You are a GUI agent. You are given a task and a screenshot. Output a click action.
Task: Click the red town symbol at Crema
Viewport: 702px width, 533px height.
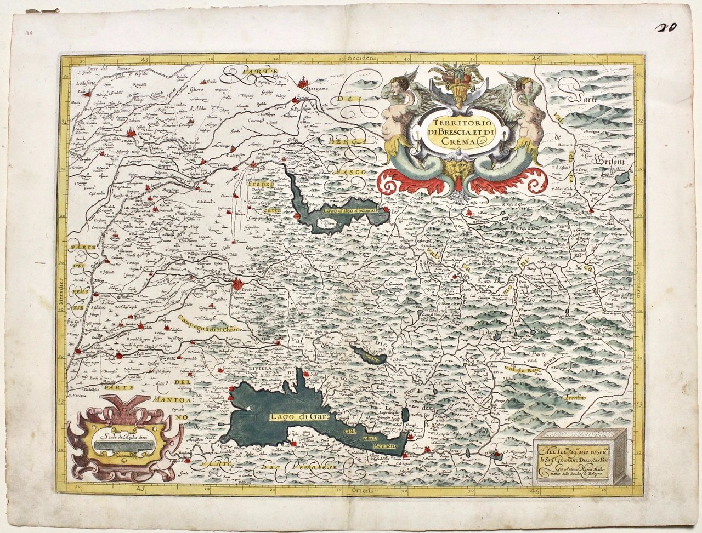point(131,133)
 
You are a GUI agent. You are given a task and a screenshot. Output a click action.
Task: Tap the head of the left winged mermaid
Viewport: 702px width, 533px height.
point(400,88)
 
